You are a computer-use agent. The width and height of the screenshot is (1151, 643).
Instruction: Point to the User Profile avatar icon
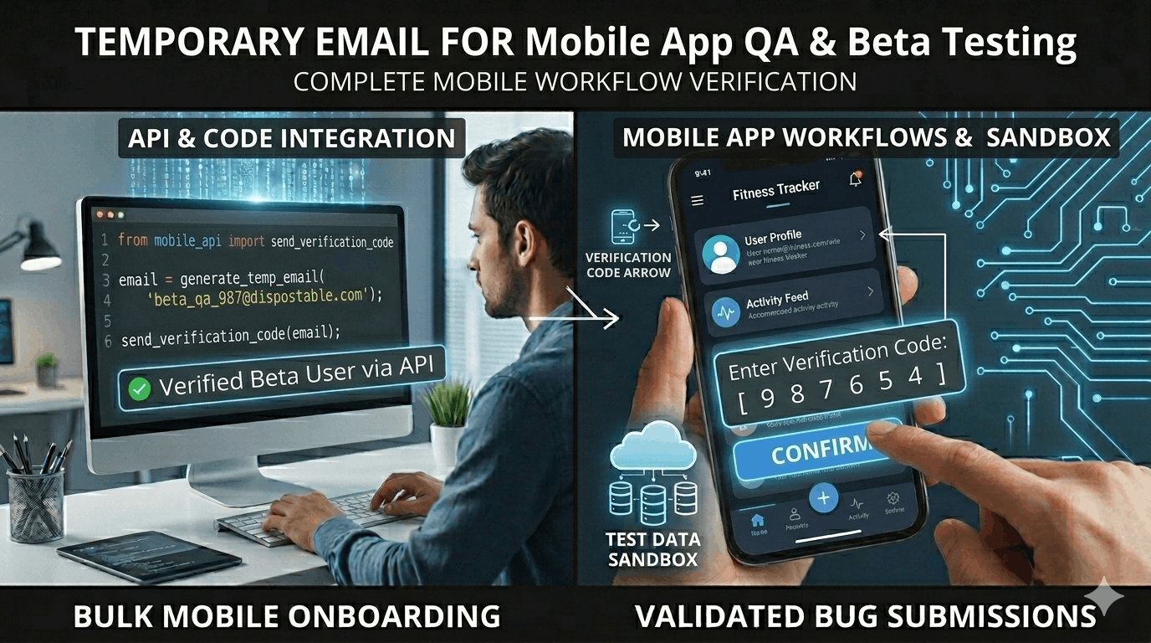tap(720, 254)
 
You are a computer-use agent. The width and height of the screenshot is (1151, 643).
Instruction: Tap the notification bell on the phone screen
tap(855, 179)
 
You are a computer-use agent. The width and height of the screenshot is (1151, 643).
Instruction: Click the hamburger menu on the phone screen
tap(697, 201)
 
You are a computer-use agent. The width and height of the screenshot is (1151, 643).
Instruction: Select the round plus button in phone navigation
tap(823, 499)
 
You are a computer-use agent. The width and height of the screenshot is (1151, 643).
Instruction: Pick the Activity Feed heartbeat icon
tap(724, 311)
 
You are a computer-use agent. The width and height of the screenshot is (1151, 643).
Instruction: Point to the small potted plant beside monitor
tap(448, 419)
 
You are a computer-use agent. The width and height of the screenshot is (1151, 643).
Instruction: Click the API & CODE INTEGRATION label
tap(292, 138)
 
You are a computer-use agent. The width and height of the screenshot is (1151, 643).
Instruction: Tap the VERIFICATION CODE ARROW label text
tap(627, 265)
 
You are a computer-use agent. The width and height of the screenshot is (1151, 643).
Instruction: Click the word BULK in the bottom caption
tap(114, 617)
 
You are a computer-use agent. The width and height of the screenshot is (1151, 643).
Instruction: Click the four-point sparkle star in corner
tap(1108, 595)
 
